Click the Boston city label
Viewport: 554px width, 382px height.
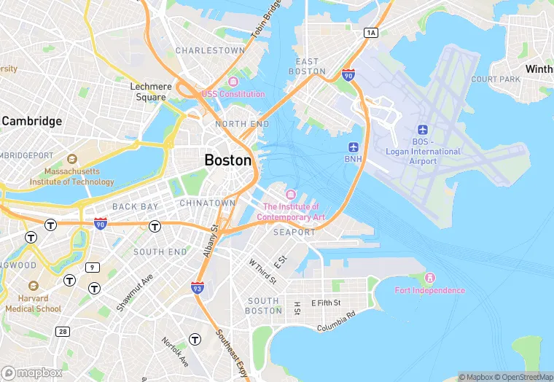coord(228,160)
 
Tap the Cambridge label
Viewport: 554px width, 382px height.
coord(31,121)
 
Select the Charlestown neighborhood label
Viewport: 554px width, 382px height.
coord(210,51)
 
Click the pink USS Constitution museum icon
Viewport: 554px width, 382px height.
coord(233,82)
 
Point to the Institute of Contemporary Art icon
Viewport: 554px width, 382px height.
coord(292,194)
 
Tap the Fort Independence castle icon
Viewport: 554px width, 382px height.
coord(429,278)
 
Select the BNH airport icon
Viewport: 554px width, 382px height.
coord(354,146)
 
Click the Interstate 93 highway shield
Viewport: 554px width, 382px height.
coord(198,288)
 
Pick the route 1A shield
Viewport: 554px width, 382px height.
coord(372,32)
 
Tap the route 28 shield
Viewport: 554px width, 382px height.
coord(63,332)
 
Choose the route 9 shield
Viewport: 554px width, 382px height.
coord(92,268)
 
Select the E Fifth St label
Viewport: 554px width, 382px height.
coord(327,303)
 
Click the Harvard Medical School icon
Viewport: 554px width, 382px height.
coord(33,286)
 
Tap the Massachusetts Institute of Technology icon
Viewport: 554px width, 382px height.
coord(71,159)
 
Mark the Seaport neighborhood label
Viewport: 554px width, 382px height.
coord(294,232)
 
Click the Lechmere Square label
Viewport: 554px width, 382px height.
coord(152,91)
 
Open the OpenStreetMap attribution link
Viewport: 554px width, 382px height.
coord(521,377)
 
